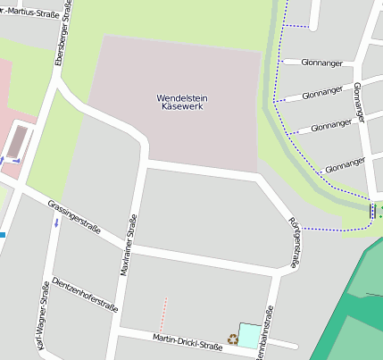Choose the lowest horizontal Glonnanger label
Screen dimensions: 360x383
(x=346, y=164)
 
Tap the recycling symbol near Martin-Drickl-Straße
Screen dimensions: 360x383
(x=233, y=339)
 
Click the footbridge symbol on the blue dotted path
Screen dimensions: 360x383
(x=372, y=211)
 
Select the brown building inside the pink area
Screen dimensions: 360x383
(x=19, y=141)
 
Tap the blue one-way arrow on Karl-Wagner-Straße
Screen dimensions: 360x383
(x=56, y=221)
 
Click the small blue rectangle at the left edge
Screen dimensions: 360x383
(x=3, y=235)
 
